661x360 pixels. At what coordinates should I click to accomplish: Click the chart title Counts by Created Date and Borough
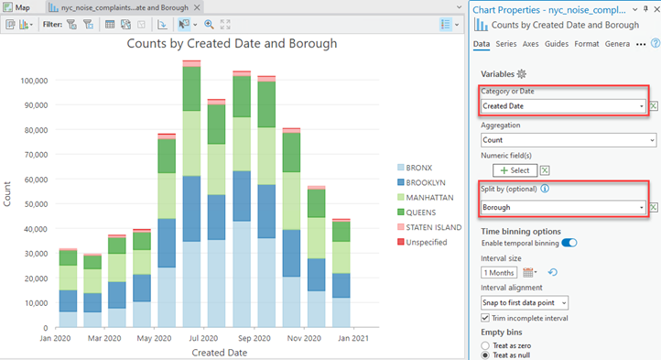pos(231,43)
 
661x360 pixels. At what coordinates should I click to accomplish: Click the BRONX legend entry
pos(417,168)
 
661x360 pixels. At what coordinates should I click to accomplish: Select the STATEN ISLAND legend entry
pos(431,226)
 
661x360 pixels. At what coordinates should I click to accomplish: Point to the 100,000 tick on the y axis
pos(35,80)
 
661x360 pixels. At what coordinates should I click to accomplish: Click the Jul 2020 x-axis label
pos(191,338)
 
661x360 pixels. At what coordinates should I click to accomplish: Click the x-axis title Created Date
pos(218,353)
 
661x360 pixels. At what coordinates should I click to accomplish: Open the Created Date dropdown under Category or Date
pos(564,106)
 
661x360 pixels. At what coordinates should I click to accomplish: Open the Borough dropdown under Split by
pos(564,208)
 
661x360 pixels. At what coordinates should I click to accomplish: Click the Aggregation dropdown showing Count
pos(569,140)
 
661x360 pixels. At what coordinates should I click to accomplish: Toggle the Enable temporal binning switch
pos(569,243)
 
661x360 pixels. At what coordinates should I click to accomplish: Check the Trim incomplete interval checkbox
pos(486,317)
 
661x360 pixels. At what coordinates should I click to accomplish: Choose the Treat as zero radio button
pos(486,344)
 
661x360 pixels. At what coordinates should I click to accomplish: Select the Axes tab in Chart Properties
pos(530,44)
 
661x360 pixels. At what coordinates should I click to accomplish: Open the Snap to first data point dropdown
pos(525,301)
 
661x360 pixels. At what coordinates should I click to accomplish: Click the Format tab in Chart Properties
pos(587,44)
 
